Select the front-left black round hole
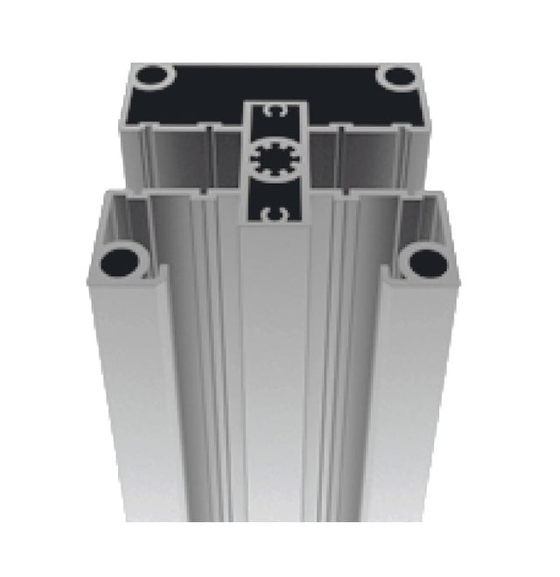pyautogui.click(x=120, y=260)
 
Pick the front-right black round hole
pyautogui.click(x=428, y=263)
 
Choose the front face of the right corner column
pyautogui.click(x=407, y=412)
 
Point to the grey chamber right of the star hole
pyautogui.click(x=367, y=158)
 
